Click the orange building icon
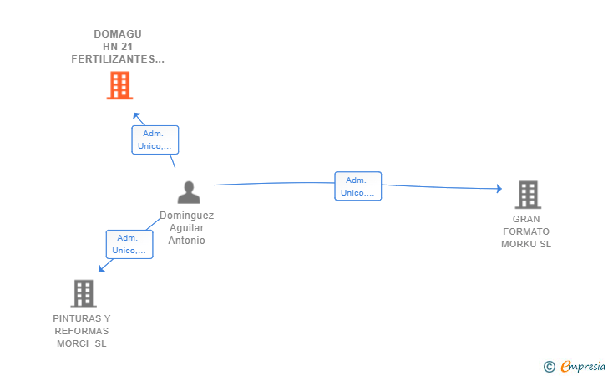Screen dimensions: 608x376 119,85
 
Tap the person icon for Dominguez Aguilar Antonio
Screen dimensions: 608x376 189,192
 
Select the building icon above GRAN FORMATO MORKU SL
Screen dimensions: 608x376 528,195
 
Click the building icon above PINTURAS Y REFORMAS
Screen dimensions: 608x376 84,294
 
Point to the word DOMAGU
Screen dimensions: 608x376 118,34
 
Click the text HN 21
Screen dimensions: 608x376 118,47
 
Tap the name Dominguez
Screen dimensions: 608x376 186,216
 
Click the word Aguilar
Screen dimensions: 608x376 186,228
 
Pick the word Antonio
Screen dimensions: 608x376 186,241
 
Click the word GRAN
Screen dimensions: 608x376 526,219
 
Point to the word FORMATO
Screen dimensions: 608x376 526,231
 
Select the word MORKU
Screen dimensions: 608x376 516,244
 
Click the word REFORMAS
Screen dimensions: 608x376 82,331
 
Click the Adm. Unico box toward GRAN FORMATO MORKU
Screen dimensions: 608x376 358,186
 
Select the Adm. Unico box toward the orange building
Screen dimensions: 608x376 155,140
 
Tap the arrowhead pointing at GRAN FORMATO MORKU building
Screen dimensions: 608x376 499,189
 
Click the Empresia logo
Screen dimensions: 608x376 575,366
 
